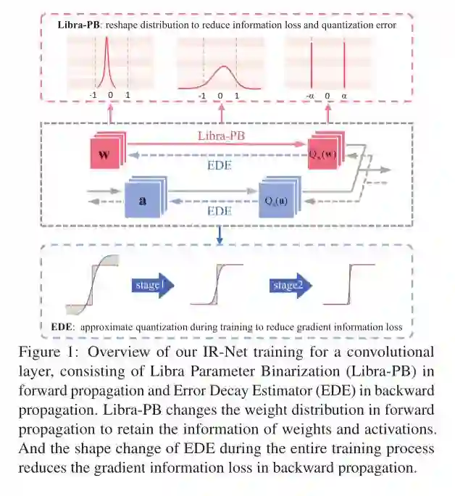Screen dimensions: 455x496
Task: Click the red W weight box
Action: [104, 154]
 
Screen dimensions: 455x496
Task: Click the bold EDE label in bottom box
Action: [63, 327]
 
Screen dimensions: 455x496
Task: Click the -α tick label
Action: [310, 95]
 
